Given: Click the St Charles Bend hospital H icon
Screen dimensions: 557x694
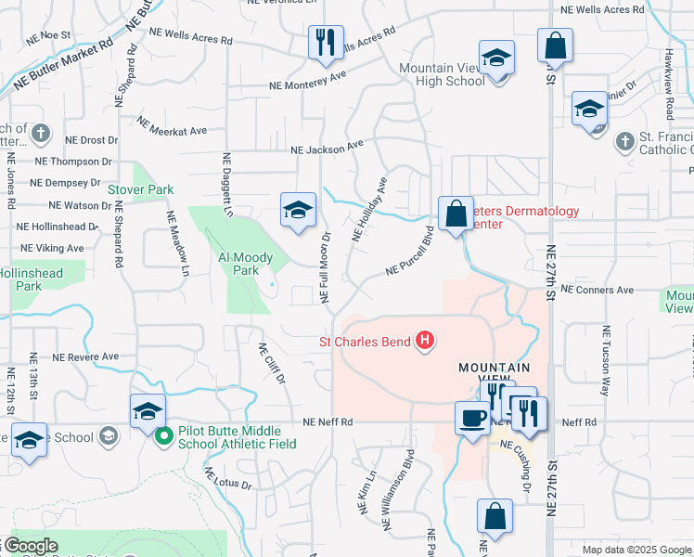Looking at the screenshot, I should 425,342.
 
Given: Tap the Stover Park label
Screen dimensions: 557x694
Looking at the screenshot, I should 140,189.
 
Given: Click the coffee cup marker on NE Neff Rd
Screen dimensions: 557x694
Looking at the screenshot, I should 472,417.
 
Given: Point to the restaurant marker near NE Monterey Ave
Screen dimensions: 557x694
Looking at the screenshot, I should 326,43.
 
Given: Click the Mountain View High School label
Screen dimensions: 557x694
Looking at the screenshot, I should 442,74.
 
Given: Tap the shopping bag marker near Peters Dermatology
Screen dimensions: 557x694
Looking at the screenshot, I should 456,214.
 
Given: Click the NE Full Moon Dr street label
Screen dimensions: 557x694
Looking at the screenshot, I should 326,266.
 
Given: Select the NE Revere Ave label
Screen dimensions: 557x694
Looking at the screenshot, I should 85,356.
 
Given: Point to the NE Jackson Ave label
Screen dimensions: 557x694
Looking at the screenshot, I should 326,149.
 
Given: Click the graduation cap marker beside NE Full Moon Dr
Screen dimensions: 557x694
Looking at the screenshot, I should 298,211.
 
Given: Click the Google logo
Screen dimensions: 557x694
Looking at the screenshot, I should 30,546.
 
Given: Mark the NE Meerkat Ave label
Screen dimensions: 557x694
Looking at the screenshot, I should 172,125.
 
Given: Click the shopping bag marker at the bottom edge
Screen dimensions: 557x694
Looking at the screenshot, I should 495,516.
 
